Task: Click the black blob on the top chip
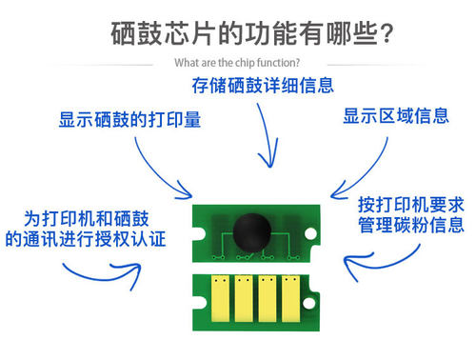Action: pos(249,229)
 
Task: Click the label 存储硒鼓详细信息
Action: pos(264,85)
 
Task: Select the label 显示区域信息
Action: pos(395,116)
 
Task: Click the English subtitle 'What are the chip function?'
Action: pos(237,64)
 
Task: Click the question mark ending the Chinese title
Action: pos(387,34)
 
